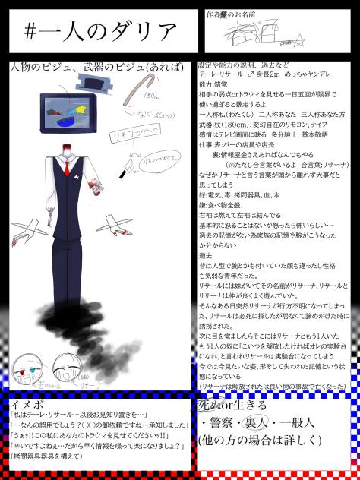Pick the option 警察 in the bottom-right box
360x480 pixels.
tap(221, 423)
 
